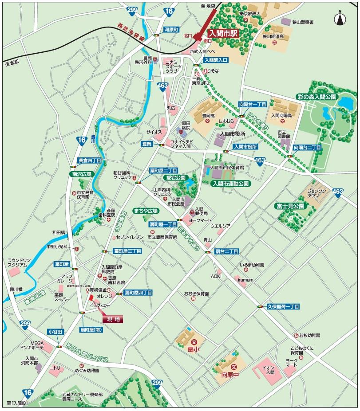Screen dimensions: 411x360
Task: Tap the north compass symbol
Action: [340, 19]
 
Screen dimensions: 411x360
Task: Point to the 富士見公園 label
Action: [289, 206]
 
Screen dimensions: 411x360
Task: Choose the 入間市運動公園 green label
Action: [230, 183]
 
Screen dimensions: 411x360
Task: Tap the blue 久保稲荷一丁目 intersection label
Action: [283, 306]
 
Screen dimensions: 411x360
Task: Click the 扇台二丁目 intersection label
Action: [226, 251]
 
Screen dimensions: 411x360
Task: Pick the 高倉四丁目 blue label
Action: [90, 160]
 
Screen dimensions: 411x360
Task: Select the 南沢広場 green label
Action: [82, 175]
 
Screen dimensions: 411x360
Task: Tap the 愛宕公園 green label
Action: [175, 177]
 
